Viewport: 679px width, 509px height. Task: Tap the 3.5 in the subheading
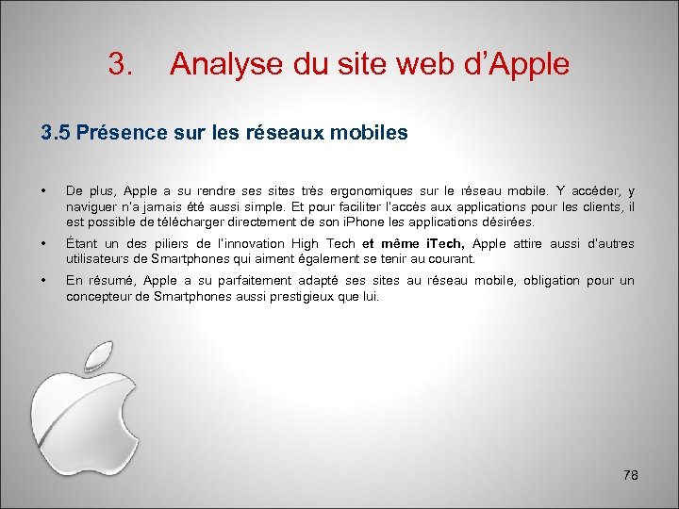(x=55, y=133)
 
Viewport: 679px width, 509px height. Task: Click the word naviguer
(x=91, y=206)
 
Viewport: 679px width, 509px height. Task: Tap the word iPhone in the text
(x=372, y=222)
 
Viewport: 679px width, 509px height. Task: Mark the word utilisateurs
(x=100, y=258)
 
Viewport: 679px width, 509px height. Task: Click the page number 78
(x=631, y=476)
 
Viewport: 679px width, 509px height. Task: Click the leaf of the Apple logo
(x=99, y=357)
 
